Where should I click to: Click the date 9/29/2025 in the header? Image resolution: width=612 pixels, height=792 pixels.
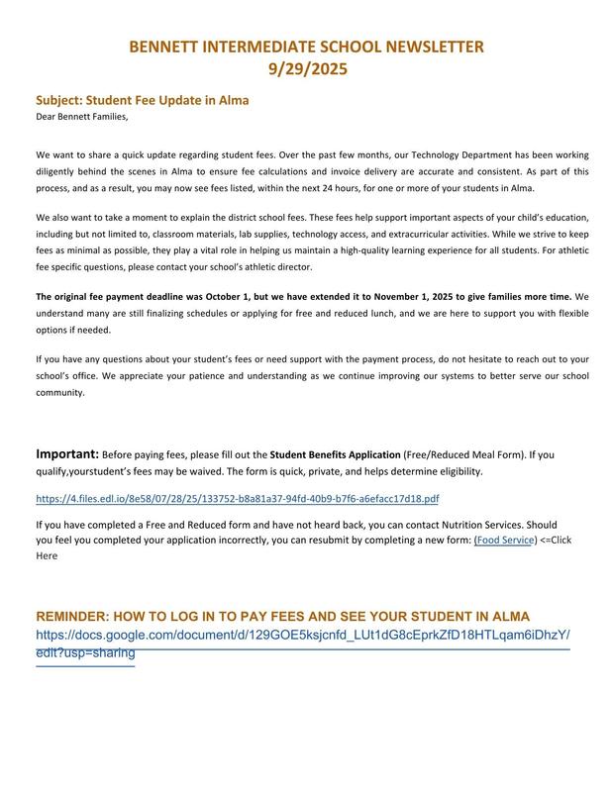[307, 69]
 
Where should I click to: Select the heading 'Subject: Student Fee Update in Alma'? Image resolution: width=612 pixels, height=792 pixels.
[143, 100]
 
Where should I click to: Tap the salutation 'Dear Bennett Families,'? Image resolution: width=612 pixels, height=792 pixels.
[82, 117]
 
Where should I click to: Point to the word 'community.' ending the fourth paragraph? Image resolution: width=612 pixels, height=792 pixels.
[60, 392]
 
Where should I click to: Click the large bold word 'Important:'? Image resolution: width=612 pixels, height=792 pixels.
[67, 454]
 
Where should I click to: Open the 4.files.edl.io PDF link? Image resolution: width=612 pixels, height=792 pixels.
[238, 499]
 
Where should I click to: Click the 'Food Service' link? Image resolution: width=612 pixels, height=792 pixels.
[505, 541]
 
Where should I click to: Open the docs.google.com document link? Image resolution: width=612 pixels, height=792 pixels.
[302, 634]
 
